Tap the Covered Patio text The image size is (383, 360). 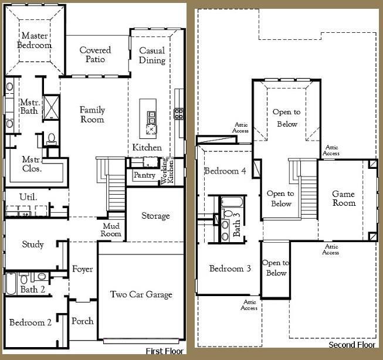point(96,55)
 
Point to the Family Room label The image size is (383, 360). point(92,114)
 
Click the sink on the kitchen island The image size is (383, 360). point(151,130)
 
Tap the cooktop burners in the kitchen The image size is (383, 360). point(178,113)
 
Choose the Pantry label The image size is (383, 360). point(144,175)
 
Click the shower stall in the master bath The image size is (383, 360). point(51,107)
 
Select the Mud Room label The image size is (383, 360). point(111,230)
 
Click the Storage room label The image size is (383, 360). point(155,216)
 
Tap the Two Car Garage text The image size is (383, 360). point(141,294)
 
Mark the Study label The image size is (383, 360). point(32,244)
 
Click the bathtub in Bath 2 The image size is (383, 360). point(11,284)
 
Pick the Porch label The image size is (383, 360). point(82,321)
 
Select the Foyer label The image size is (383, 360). point(83,269)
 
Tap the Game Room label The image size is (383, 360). point(344,198)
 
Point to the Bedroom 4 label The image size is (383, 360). point(225,171)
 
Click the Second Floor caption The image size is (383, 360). point(352,345)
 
